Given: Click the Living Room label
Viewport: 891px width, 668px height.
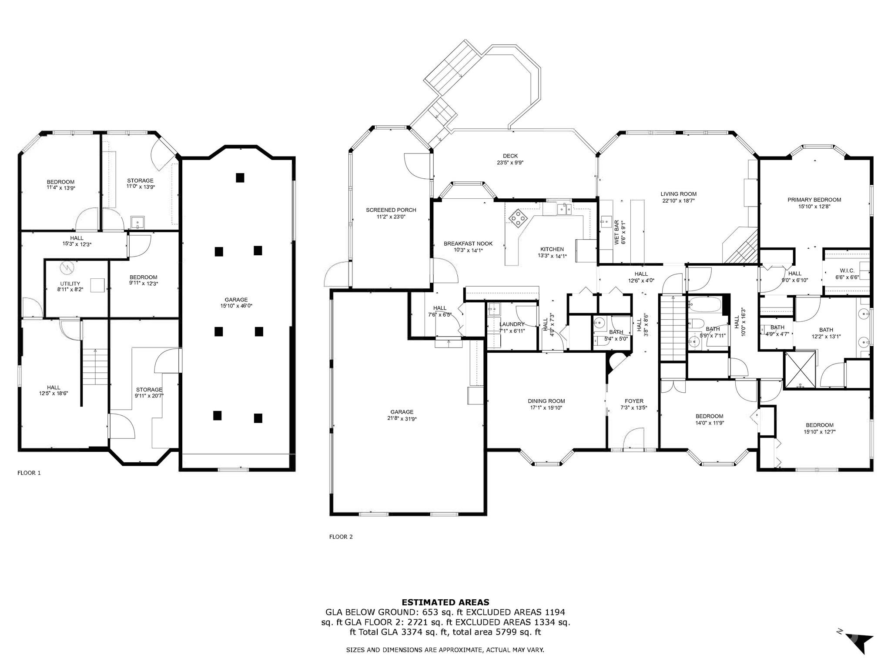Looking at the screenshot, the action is pyautogui.click(x=678, y=194).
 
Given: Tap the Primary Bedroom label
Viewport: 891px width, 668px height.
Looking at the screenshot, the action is pyautogui.click(x=814, y=200).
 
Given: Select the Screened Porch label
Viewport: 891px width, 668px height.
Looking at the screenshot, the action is pyautogui.click(x=391, y=210).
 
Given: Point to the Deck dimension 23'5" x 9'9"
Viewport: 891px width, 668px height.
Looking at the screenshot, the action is pyautogui.click(x=510, y=163).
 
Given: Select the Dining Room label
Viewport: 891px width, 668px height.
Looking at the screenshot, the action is pyautogui.click(x=546, y=401).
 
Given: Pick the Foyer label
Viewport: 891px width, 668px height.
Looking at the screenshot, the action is pyautogui.click(x=634, y=401).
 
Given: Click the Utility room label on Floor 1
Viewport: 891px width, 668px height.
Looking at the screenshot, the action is pyautogui.click(x=70, y=284).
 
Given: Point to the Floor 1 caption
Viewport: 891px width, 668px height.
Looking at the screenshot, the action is pyautogui.click(x=29, y=473).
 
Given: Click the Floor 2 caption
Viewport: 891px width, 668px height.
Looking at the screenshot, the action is pyautogui.click(x=341, y=537).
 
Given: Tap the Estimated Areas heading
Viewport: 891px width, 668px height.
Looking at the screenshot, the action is pyautogui.click(x=445, y=602).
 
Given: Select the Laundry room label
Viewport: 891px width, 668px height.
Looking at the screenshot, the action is pyautogui.click(x=512, y=324).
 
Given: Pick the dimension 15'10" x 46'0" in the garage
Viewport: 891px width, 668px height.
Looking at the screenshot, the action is pyautogui.click(x=236, y=306).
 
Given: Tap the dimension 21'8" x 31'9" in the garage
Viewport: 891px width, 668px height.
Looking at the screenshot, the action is pyautogui.click(x=402, y=418).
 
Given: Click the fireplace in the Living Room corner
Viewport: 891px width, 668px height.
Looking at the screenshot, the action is pyautogui.click(x=740, y=246).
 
